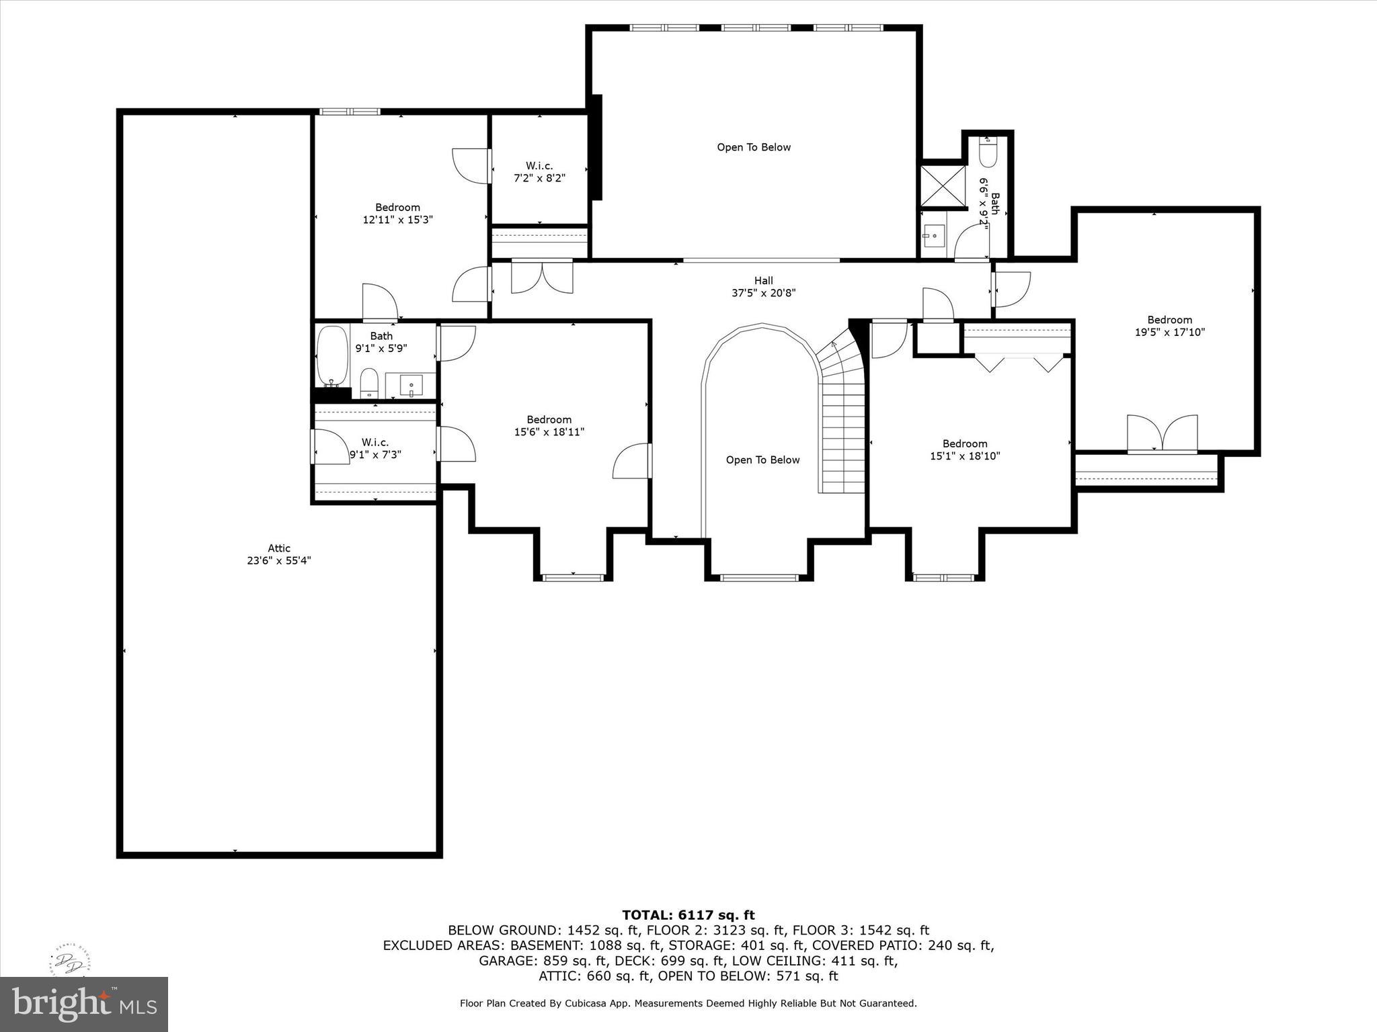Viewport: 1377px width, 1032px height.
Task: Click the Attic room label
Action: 279,554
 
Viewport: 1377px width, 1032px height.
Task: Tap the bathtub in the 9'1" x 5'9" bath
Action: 332,356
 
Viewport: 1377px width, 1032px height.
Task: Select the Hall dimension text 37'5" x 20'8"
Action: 763,293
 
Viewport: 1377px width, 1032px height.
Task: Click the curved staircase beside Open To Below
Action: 842,417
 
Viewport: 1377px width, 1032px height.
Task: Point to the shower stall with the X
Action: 942,186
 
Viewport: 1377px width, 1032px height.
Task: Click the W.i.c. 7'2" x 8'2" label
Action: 539,172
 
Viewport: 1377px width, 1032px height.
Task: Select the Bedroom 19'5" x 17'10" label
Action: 1169,326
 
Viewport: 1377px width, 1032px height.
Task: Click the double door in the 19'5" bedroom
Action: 1162,433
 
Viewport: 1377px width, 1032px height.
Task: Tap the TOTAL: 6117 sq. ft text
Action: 688,915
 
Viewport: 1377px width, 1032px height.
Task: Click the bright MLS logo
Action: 84,1004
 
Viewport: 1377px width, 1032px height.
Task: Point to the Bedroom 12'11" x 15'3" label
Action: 397,214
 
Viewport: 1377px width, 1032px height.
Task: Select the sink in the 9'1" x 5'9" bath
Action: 411,386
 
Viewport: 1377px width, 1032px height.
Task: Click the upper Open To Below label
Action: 753,147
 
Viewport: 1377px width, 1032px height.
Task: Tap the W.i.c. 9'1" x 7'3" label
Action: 375,448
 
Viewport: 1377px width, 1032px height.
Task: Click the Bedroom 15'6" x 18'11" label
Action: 549,426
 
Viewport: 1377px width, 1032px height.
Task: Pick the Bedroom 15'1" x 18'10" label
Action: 964,449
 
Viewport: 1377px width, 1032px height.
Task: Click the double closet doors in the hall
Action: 542,277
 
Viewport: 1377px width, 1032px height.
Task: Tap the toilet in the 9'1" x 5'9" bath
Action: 369,384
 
